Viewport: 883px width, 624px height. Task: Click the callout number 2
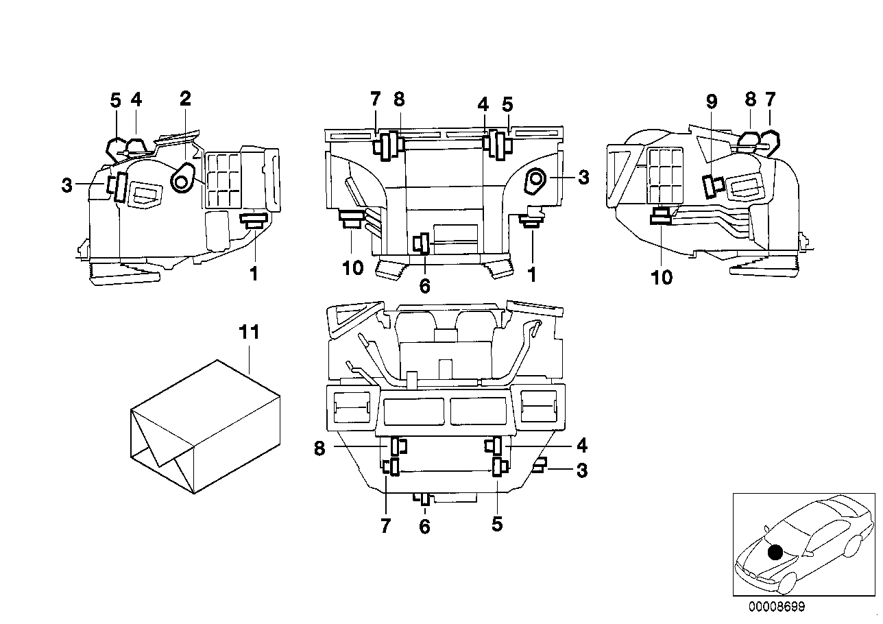coord(184,98)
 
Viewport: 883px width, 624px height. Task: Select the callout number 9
coord(712,101)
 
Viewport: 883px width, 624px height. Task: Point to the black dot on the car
coord(775,551)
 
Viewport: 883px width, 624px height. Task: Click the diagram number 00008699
coord(777,606)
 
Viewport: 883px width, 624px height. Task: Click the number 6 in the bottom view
coord(424,527)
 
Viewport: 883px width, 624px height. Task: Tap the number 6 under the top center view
coord(424,286)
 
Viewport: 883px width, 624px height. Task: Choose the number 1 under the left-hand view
coord(254,274)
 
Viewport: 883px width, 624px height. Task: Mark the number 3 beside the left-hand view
coord(66,185)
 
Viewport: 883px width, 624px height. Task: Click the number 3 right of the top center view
coord(583,178)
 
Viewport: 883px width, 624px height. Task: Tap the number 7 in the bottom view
coord(385,526)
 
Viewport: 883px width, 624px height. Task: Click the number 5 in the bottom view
coord(497,525)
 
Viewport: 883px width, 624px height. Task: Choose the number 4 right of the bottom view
coord(581,446)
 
